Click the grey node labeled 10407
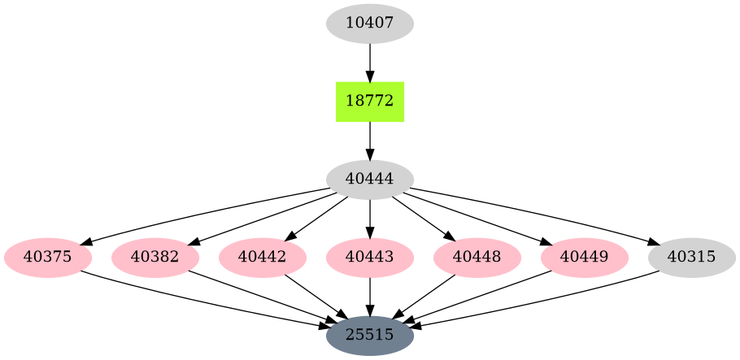pyautogui.click(x=370, y=23)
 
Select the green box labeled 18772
pyautogui.click(x=370, y=102)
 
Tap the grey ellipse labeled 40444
pyautogui.click(x=370, y=180)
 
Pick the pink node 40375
pyautogui.click(x=48, y=258)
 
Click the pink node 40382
pyautogui.click(x=155, y=258)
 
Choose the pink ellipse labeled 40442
pyautogui.click(x=263, y=258)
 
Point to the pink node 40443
pyautogui.click(x=370, y=258)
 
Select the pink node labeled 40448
pyautogui.click(x=477, y=258)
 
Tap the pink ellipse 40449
pyautogui.click(x=585, y=258)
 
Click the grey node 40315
pyautogui.click(x=692, y=258)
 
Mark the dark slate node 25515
pyautogui.click(x=370, y=335)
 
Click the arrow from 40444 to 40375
pyautogui.click(x=203, y=213)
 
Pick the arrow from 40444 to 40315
pyautogui.click(x=537, y=213)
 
